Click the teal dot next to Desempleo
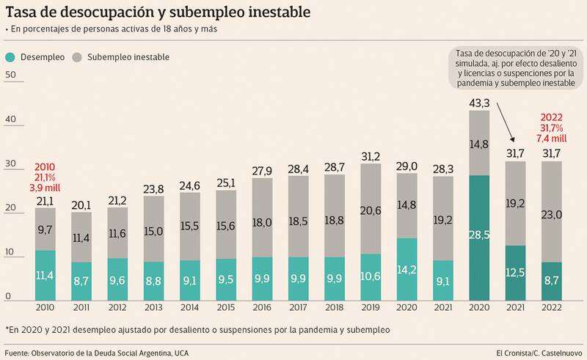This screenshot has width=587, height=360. click(x=10, y=56)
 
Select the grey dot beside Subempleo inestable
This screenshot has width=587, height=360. click(x=77, y=56)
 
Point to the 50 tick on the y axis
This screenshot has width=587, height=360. click(x=10, y=76)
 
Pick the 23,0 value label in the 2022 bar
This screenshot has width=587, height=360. click(x=552, y=215)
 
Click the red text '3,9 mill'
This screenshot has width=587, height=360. click(x=45, y=188)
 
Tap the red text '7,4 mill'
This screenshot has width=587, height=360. click(x=552, y=138)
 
